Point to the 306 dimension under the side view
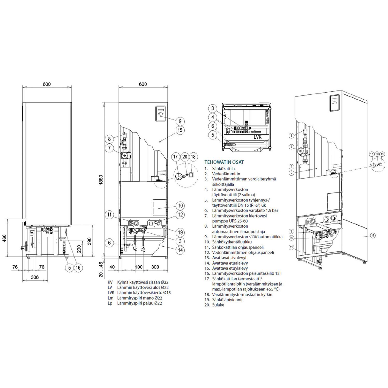pyautogui.click(x=35, y=277)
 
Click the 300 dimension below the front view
pyautogui.click(x=155, y=267)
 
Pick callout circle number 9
pyautogui.click(x=180, y=121)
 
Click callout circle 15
pyautogui.click(x=180, y=130)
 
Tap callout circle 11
pyautogui.click(x=109, y=215)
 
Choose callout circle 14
pyautogui.click(x=180, y=250)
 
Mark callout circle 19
pyautogui.click(x=180, y=232)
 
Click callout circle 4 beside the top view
pyautogui.click(x=213, y=117)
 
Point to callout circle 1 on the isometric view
pyautogui.click(x=292, y=167)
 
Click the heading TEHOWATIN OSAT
pyautogui.click(x=224, y=162)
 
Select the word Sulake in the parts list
pyautogui.click(x=218, y=305)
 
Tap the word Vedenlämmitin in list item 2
pyautogui.click(x=226, y=174)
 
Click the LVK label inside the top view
pyautogui.click(x=258, y=137)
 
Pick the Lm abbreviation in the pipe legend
pyautogui.click(x=110, y=298)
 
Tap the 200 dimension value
pyautogui.click(x=79, y=249)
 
